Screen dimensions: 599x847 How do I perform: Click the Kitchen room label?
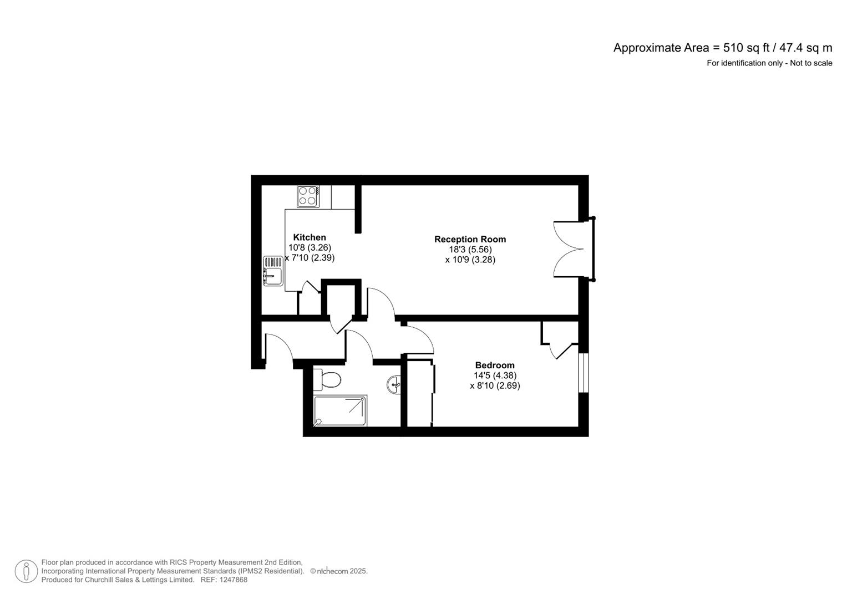pyautogui.click(x=310, y=237)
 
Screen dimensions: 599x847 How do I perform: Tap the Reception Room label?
pyautogui.click(x=470, y=239)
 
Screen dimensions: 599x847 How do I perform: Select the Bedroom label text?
pyautogui.click(x=495, y=365)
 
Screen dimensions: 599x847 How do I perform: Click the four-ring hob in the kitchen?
pyautogui.click(x=308, y=196)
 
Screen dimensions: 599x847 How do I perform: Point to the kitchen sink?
pyautogui.click(x=272, y=270)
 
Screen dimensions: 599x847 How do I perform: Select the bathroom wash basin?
pyautogui.click(x=394, y=384)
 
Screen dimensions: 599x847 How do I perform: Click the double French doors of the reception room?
pyautogui.click(x=570, y=249)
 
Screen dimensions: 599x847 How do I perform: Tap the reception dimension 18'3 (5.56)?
pyautogui.click(x=470, y=250)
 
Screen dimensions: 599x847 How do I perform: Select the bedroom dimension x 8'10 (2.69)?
pyautogui.click(x=495, y=385)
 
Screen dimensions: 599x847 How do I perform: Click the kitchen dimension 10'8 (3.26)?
pyautogui.click(x=310, y=247)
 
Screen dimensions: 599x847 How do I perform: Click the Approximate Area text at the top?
pyautogui.click(x=722, y=48)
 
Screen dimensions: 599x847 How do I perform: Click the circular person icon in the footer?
pyautogui.click(x=26, y=571)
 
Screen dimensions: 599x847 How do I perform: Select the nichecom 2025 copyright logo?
pyautogui.click(x=338, y=571)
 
